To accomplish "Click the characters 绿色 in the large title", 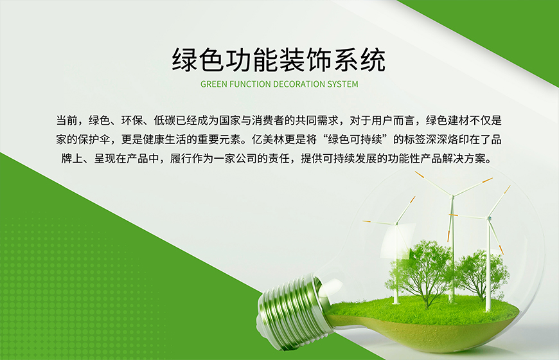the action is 199,59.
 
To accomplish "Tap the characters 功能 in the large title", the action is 253,59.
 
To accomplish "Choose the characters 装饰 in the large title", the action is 306,59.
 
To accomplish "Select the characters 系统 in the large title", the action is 359,59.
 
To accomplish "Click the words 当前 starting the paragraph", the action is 67,120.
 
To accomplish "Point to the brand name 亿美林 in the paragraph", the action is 268,139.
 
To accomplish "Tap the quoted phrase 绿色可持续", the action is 355,139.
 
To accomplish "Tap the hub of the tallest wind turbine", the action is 453,196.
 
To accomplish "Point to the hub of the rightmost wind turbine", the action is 489,218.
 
